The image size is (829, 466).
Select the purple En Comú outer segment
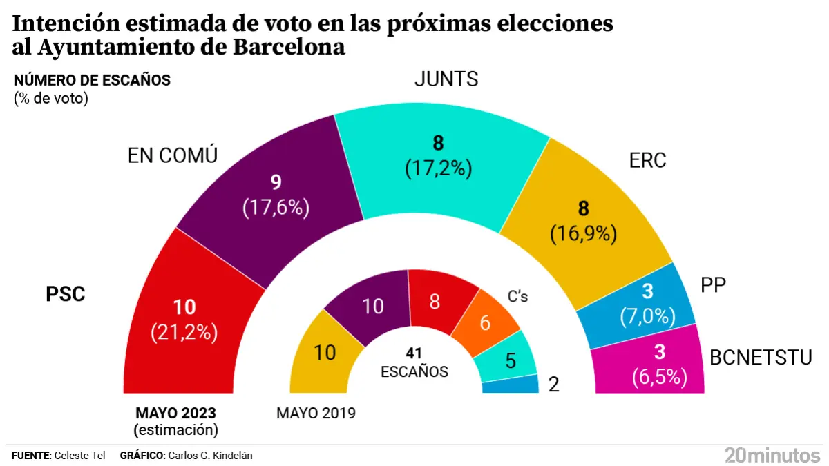276,193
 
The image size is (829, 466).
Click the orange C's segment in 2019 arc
486,322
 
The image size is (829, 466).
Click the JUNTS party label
446,79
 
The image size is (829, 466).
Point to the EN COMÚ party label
173,156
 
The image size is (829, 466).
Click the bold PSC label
66,295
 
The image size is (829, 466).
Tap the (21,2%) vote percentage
184,333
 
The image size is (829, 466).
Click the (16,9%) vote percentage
583,235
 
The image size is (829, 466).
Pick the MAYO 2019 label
316,414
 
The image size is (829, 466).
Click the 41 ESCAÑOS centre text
414,363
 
